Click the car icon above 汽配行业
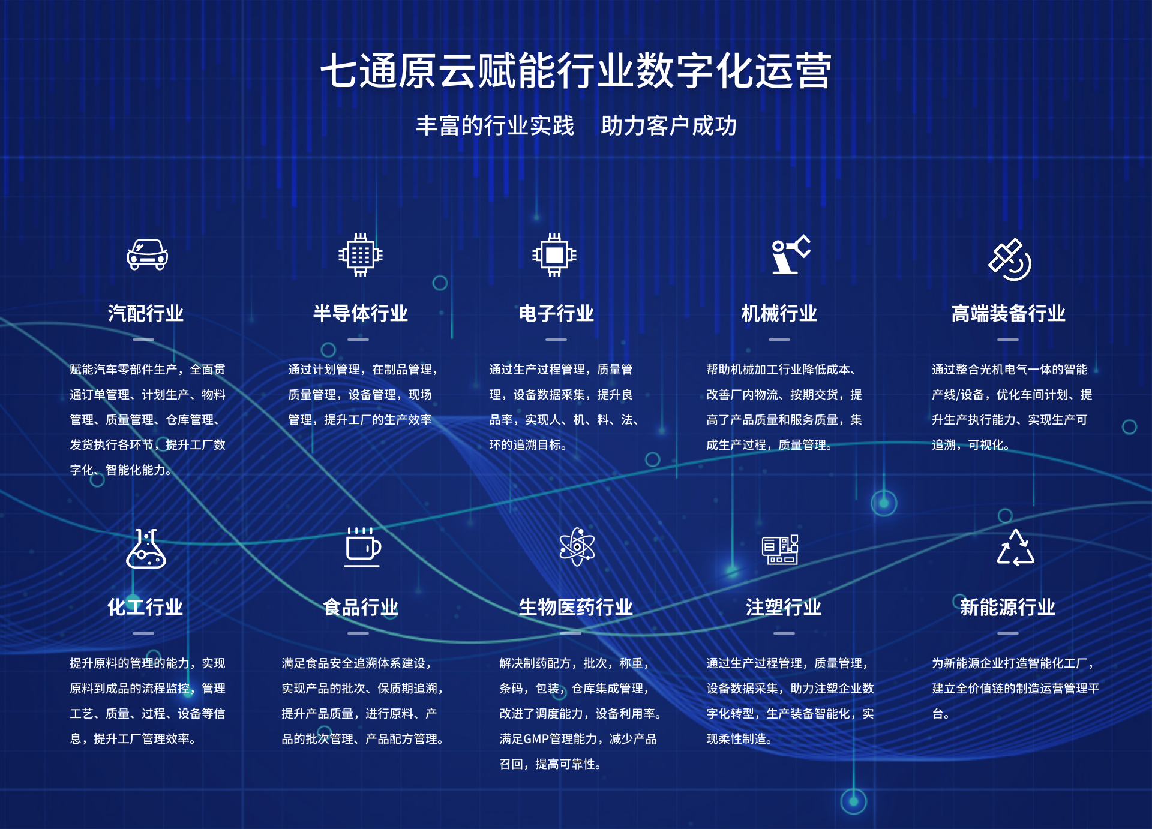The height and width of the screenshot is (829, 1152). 147,255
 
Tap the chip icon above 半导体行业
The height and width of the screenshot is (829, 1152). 361,255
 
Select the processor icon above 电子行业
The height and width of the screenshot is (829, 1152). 554,255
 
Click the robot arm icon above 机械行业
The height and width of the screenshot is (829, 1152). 791,254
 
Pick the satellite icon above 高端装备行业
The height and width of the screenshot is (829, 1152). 1010,259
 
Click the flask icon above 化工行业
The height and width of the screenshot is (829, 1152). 146,548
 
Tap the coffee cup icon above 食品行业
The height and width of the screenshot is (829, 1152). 362,547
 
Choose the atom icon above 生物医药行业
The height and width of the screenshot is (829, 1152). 577,546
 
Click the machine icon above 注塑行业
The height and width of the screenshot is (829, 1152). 780,549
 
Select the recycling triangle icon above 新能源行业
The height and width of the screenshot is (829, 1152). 1015,548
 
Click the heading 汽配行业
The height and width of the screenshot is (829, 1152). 146,313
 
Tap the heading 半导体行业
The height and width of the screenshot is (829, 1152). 361,313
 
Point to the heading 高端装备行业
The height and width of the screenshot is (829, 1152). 1009,313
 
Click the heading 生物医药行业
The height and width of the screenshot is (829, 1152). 576,607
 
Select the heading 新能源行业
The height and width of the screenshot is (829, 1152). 1007,607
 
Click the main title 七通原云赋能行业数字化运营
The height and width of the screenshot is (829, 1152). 576,71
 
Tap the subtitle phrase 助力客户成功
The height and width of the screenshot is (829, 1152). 669,125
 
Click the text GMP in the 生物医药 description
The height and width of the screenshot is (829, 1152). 535,739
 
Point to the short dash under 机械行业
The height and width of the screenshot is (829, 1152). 779,340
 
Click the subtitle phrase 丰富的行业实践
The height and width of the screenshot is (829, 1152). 495,125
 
